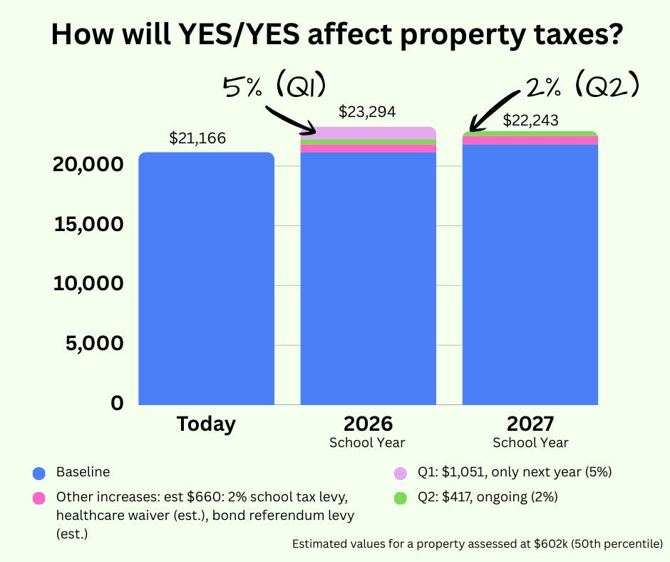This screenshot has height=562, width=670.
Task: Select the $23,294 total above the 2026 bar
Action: point(367,112)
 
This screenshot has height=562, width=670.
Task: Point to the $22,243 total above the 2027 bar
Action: point(530,120)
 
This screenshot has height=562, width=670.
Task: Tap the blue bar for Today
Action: point(206,278)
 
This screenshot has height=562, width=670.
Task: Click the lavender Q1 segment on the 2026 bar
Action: point(368,133)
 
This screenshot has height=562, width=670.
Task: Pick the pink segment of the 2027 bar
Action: point(530,140)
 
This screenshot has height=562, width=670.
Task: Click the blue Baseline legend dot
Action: point(39,473)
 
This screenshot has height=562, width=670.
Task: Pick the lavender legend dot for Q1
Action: point(400,473)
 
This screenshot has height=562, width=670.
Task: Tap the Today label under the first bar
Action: point(206,424)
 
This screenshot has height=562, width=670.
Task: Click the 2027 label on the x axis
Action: point(530,424)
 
